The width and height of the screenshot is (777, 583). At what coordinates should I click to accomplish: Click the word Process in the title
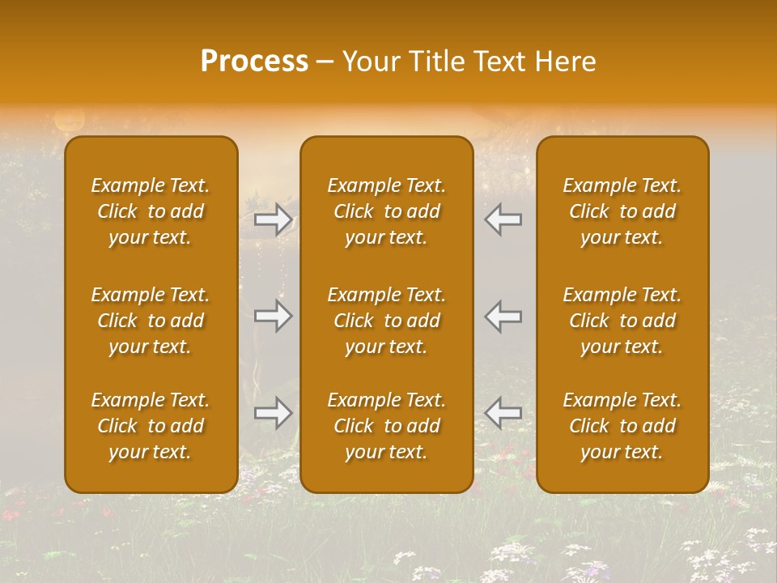coord(254,62)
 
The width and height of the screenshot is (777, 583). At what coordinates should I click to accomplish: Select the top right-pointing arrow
coord(274,220)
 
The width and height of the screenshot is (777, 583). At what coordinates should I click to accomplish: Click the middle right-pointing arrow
coord(274,316)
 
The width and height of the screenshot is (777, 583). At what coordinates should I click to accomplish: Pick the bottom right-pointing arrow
coord(274,413)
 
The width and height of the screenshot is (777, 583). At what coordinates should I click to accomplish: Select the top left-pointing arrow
coord(503,220)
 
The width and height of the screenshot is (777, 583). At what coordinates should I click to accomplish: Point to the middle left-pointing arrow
coord(503,316)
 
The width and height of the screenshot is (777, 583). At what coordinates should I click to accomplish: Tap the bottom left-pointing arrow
coord(503,413)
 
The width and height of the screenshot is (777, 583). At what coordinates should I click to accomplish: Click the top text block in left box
coord(151,211)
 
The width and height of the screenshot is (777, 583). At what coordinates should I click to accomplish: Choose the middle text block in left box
coord(151,321)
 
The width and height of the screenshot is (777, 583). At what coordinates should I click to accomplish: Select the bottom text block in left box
coord(151,426)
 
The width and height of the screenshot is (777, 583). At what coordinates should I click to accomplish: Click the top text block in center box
coord(386,211)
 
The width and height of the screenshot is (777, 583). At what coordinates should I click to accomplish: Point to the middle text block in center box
coord(386,321)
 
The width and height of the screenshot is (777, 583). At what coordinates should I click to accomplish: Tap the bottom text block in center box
coord(386,426)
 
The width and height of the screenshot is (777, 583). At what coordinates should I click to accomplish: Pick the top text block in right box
coord(622,211)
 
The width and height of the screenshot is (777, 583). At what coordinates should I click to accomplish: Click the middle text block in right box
coord(622,321)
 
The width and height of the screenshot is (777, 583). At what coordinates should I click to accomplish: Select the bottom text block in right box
coord(622,426)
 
